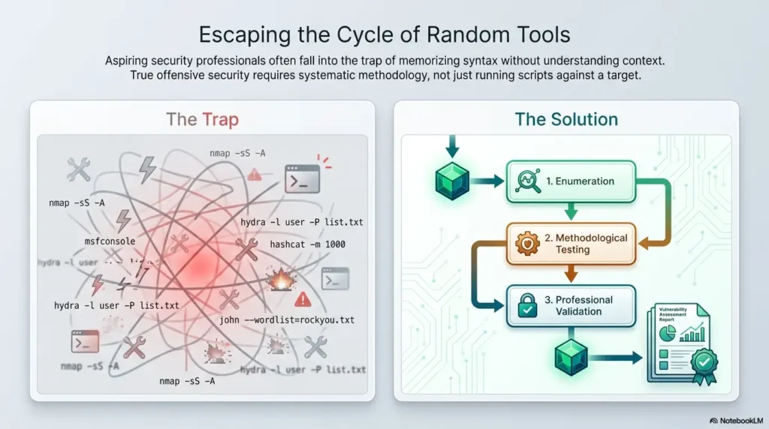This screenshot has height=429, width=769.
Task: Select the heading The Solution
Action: [x=565, y=118]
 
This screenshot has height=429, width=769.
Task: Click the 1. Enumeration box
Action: [x=570, y=181]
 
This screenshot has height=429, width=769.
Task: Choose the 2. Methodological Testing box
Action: [x=570, y=243]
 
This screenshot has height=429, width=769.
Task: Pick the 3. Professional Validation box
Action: [x=570, y=305]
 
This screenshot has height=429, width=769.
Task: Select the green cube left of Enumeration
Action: [x=453, y=181]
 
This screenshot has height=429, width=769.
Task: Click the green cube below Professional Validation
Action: [x=571, y=358]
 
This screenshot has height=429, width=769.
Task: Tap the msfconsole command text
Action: [x=110, y=242]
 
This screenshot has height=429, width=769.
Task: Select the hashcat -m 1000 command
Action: [x=307, y=244]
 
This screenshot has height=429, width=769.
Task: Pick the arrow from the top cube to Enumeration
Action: [x=488, y=181]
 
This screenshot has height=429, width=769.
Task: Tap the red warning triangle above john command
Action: [x=303, y=300]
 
